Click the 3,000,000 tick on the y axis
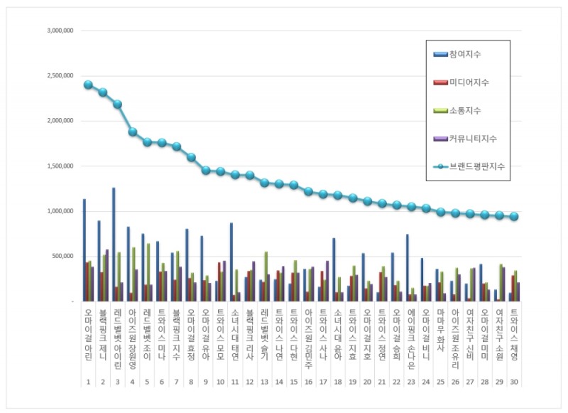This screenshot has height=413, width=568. point(60,31)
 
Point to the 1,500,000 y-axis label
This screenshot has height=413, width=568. point(60,166)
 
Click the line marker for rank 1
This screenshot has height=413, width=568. point(88,85)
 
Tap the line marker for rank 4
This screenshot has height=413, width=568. point(133,132)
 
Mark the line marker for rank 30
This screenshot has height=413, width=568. point(514,216)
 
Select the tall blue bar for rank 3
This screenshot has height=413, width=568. point(114,245)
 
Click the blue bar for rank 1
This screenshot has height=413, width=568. point(84,250)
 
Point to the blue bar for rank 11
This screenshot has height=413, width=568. point(231,262)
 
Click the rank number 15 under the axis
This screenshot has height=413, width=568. point(293,382)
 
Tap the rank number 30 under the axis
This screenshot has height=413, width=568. point(514,382)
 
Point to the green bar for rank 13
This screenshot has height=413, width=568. point(266,277)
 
